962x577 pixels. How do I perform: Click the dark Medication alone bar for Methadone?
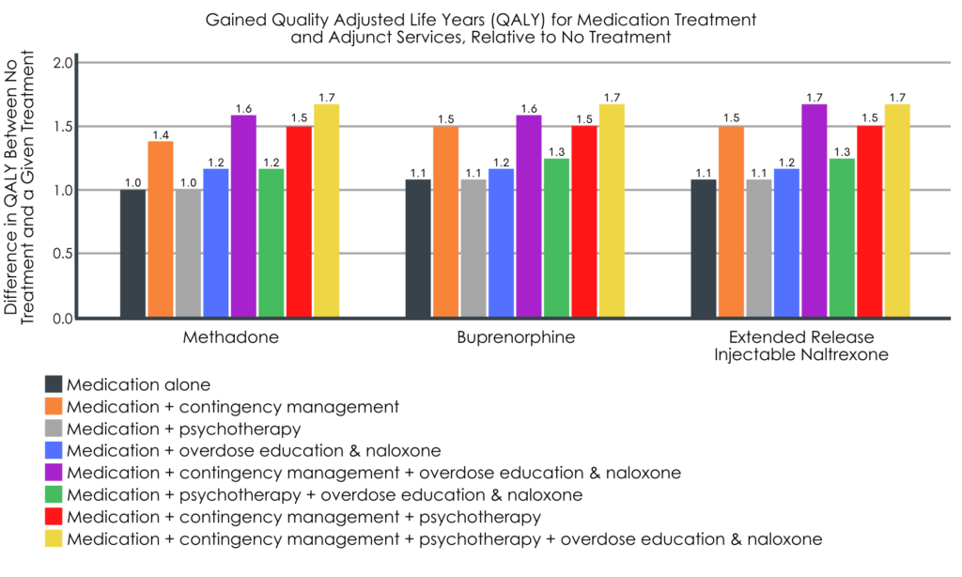click(x=132, y=253)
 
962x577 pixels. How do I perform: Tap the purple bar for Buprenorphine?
click(x=529, y=216)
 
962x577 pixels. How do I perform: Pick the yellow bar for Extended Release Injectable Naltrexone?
click(x=897, y=211)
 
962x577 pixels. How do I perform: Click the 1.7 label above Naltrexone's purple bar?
click(x=814, y=97)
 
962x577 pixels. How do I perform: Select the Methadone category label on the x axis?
click(x=228, y=336)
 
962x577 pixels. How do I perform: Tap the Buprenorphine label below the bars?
click(x=515, y=336)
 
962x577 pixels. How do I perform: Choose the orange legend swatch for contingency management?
click(x=54, y=407)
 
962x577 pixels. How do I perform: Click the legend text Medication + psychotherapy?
click(x=184, y=429)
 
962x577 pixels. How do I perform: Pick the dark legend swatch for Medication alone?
click(x=54, y=384)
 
